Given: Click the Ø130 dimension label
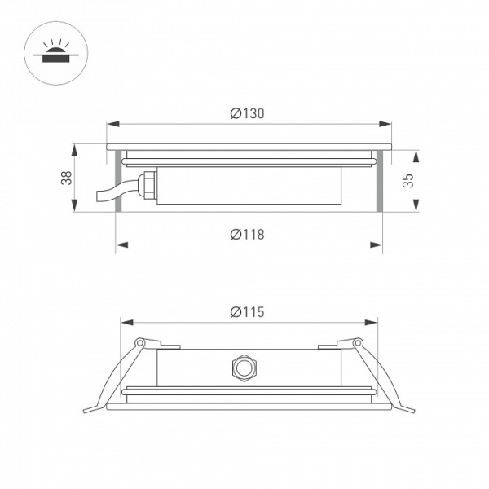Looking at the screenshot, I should point(247,114).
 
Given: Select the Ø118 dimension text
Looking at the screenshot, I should point(247,235).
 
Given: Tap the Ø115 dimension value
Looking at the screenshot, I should point(247,311).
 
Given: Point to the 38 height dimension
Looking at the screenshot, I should point(65,178).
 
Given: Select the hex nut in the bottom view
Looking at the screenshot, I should point(242,368).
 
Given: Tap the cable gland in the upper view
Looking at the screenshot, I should point(147,185).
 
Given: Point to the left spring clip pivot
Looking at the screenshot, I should point(139,342).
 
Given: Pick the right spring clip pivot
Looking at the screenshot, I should point(356,342).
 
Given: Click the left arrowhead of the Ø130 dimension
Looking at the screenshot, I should point(112,125).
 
